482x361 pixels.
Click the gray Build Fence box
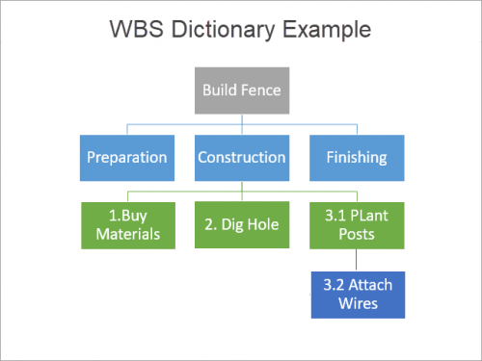(241, 90)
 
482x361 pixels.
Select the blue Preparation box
(126, 157)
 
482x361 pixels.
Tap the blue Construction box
(241, 157)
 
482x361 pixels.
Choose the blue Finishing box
(356, 157)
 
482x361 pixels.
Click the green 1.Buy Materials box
(126, 224)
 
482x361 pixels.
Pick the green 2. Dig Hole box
(241, 224)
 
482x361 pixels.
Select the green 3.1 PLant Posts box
(356, 224)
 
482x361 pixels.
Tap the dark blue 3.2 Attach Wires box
(357, 293)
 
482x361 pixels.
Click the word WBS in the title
(144, 31)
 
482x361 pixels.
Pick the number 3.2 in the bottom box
(334, 284)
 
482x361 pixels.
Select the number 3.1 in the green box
(328, 216)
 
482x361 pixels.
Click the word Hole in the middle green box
(261, 225)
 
